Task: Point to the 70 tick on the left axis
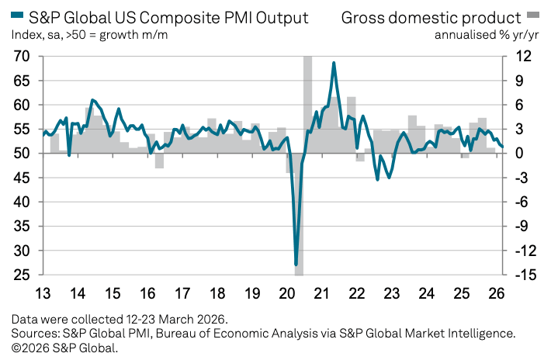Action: click(21, 57)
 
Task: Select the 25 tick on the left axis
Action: click(21, 275)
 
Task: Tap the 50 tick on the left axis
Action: click(21, 154)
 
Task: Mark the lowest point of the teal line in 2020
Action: click(296, 265)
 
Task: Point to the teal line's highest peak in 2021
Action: click(334, 63)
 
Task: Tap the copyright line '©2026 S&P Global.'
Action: click(65, 347)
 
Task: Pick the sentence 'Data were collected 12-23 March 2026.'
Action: click(120, 319)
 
